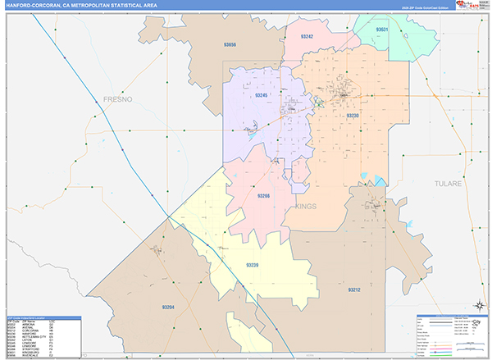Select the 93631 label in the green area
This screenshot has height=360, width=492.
coord(382,30)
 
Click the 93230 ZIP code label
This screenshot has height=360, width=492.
coord(353,116)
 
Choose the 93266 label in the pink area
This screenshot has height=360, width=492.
coord(263,196)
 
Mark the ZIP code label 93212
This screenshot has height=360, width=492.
coord(353,289)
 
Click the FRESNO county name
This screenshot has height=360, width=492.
coord(117,98)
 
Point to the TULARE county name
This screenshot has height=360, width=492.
coord(449,184)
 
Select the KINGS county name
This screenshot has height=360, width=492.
coord(305,207)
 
